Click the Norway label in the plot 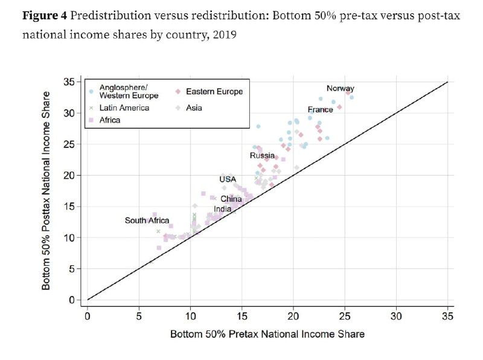pyautogui.click(x=341, y=88)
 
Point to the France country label pyautogui.click(x=321, y=110)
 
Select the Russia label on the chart pyautogui.click(x=263, y=156)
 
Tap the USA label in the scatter pyautogui.click(x=228, y=179)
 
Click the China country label pyautogui.click(x=231, y=199)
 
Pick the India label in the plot pyautogui.click(x=222, y=209)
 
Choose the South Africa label pyautogui.click(x=147, y=220)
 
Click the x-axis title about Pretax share pyautogui.click(x=267, y=333)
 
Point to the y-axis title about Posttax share pyautogui.click(x=46, y=190)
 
